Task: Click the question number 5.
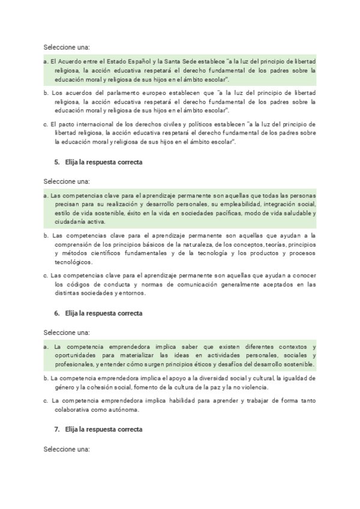coord(56,163)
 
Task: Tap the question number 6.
coord(56,313)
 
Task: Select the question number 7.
coord(56,430)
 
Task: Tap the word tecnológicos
coord(73,262)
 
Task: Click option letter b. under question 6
coord(46,378)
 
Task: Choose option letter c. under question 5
coord(46,275)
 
